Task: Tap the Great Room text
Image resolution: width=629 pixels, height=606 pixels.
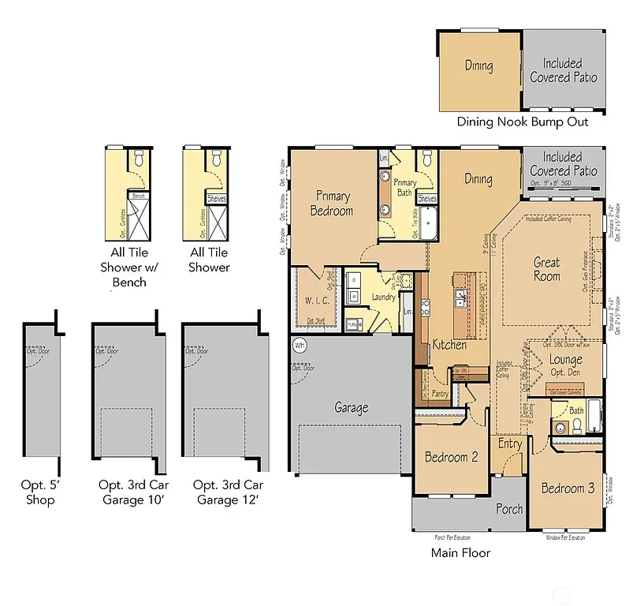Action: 546,268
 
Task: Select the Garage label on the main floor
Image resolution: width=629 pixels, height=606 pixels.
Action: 351,408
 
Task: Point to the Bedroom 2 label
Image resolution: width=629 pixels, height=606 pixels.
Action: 451,458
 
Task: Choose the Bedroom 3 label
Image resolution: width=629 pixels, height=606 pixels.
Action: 568,488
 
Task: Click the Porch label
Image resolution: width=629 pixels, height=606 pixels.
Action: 508,509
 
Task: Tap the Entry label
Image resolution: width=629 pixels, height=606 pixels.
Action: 510,444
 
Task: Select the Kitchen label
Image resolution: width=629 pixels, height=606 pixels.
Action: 449,345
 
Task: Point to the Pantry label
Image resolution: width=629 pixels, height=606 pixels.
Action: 440,394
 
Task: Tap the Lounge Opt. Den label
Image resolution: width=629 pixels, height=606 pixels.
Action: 565,366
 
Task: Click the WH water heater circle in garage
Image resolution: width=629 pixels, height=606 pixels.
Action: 300,345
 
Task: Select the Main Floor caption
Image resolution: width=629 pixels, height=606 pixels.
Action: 460,552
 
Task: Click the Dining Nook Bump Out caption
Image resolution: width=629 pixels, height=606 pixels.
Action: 523,122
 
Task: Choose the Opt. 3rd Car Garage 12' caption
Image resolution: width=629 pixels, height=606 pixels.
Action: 228,492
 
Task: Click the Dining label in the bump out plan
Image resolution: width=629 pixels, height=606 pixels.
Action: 478,66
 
